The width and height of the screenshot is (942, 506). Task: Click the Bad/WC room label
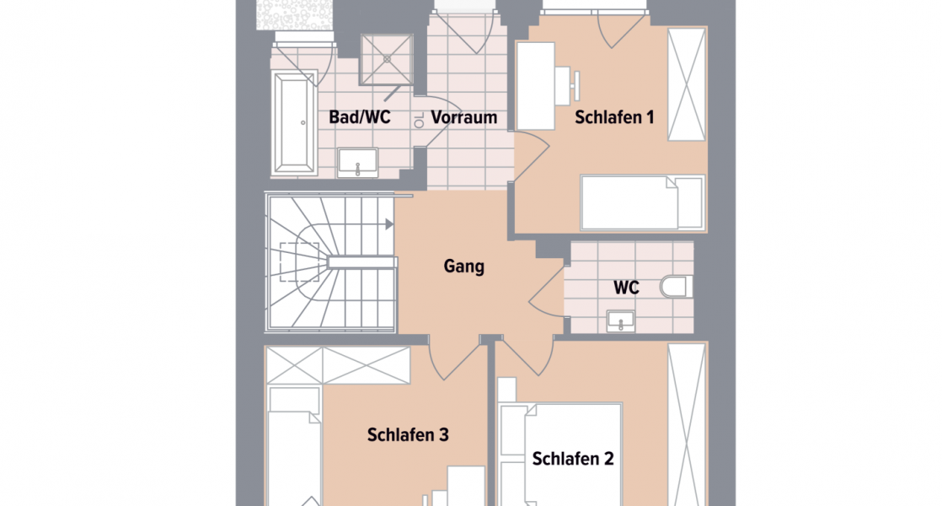(x=359, y=117)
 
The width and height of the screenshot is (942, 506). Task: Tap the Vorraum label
(x=463, y=117)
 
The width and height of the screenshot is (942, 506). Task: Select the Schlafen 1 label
(x=614, y=117)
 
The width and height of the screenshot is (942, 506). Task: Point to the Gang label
(x=464, y=266)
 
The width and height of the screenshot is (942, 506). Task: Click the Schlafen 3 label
(x=408, y=435)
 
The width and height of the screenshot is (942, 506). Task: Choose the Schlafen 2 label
(x=573, y=459)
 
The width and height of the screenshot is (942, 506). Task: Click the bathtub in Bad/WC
(x=292, y=122)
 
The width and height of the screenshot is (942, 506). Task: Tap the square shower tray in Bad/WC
(x=388, y=60)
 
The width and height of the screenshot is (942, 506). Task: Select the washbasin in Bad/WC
(x=358, y=162)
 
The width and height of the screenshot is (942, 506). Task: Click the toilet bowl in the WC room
(x=677, y=287)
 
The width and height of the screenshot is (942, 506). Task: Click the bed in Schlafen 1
(x=642, y=202)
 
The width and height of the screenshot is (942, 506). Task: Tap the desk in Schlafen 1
(x=535, y=85)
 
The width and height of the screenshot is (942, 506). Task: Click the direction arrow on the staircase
(x=388, y=224)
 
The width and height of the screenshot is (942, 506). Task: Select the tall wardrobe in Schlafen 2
(x=686, y=426)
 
